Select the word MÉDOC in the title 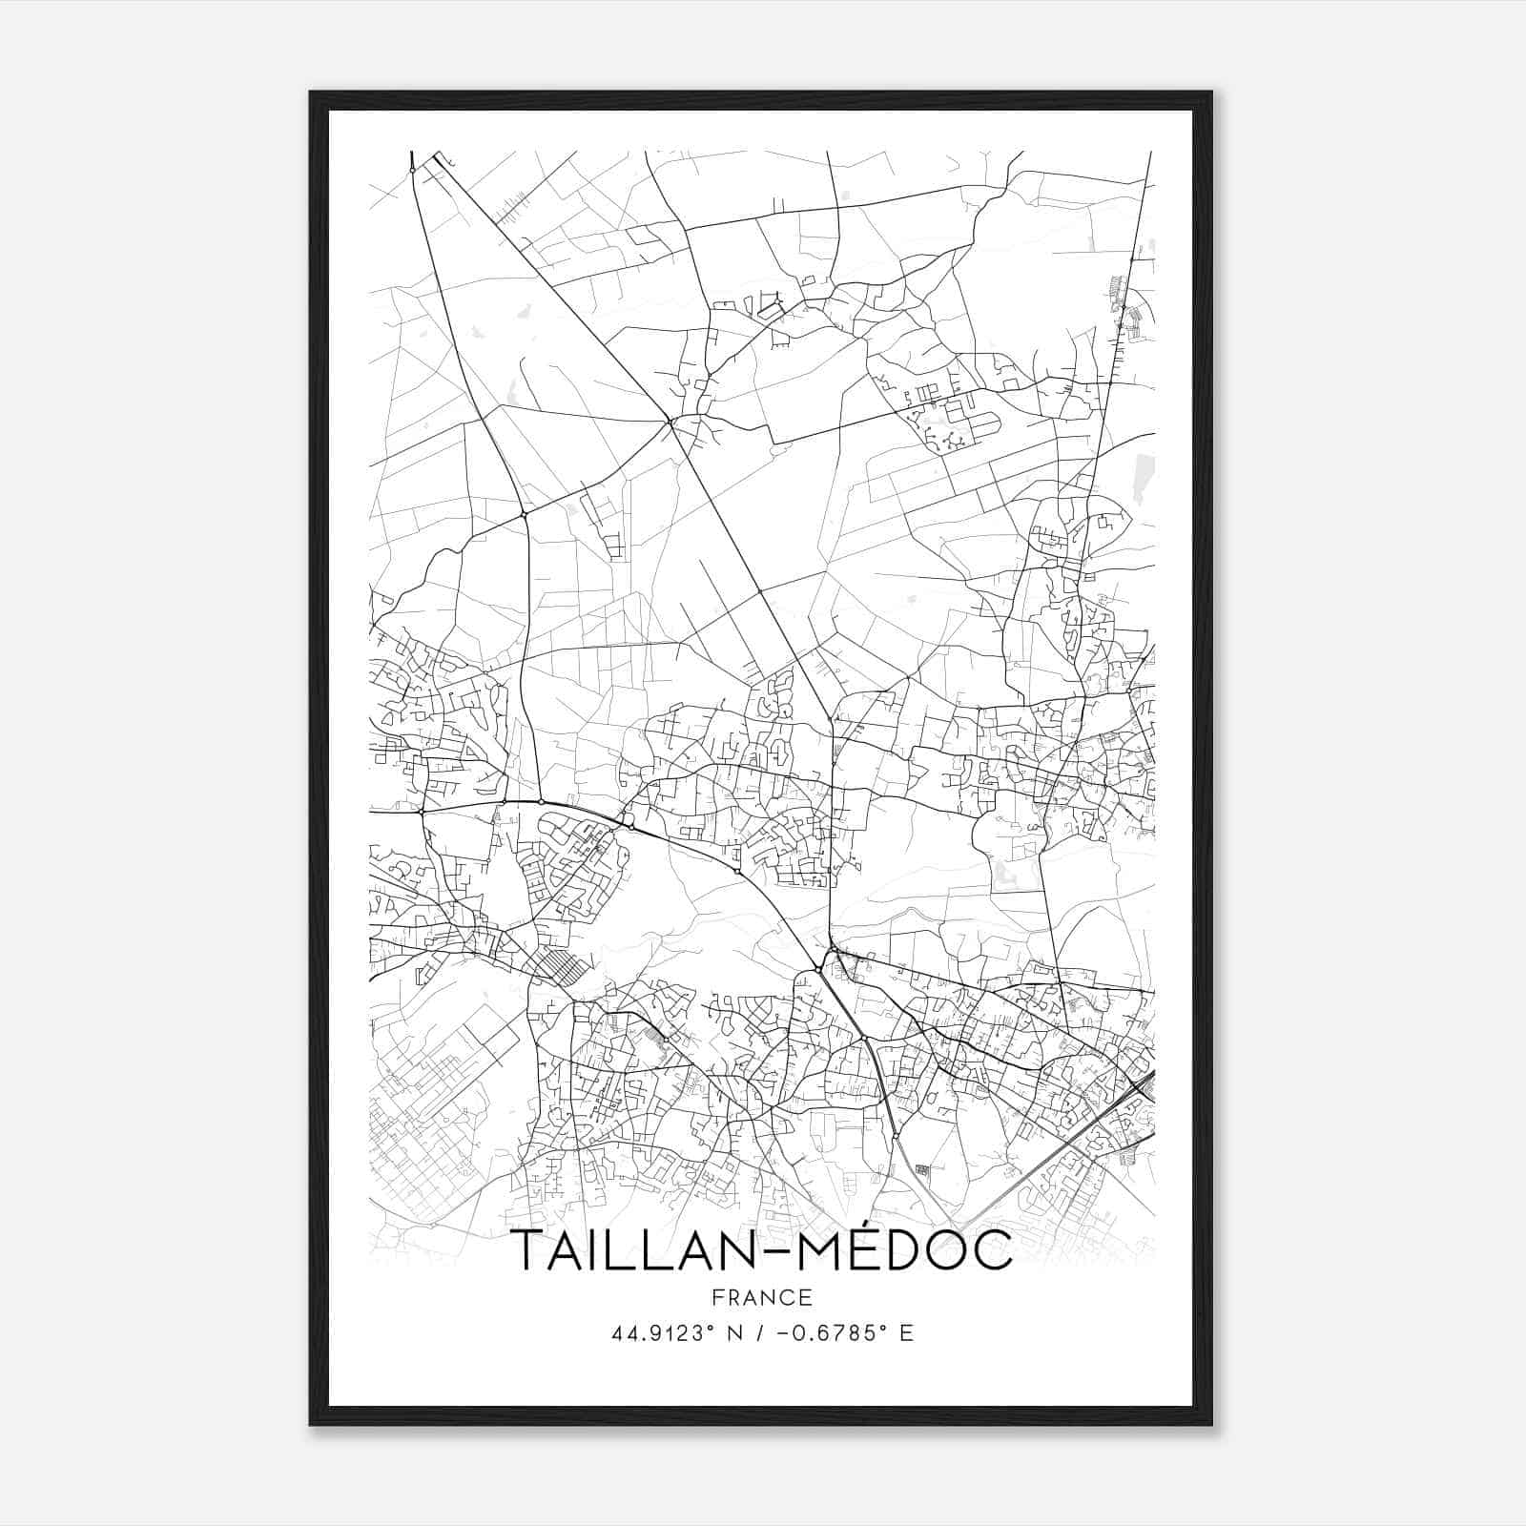tap(904, 1248)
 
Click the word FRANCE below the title tap(762, 1297)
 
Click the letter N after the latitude tap(735, 1333)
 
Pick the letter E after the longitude tap(906, 1333)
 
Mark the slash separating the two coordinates tap(759, 1333)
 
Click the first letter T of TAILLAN tap(530, 1250)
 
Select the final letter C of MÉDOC tap(992, 1250)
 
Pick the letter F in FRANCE tap(718, 1297)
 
